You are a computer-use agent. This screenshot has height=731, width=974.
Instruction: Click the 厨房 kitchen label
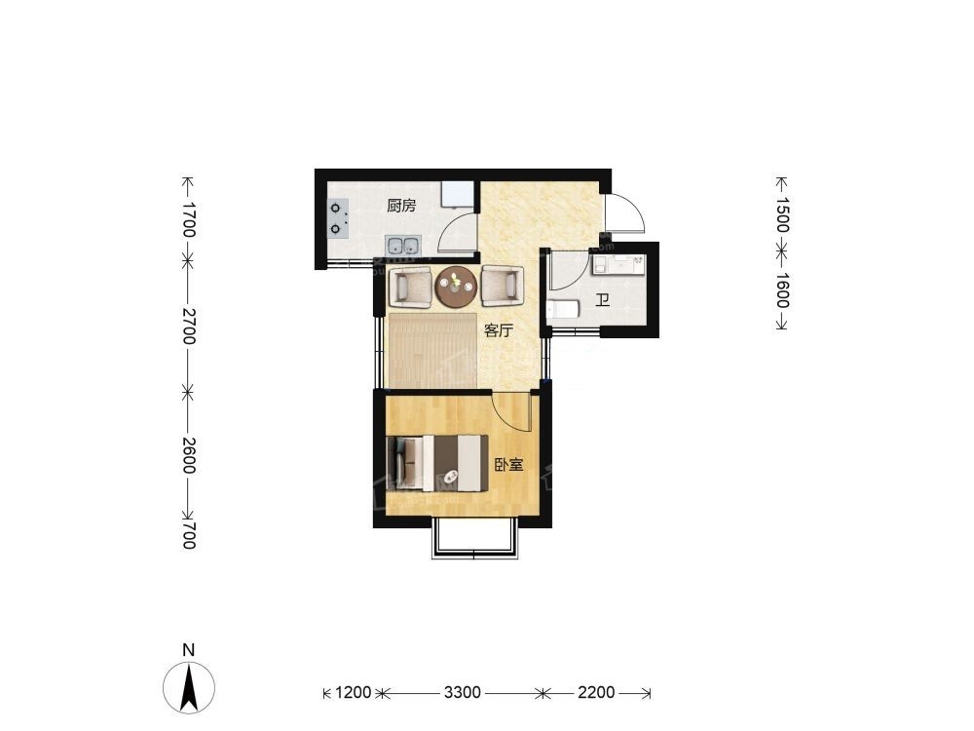[401, 206]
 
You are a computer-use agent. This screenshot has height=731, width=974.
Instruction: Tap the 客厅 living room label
[499, 330]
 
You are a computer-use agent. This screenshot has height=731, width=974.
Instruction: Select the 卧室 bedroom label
[508, 465]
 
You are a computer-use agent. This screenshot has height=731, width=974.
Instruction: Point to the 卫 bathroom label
[601, 301]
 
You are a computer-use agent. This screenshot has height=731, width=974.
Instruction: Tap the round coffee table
[457, 287]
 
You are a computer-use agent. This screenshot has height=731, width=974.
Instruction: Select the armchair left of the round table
[410, 287]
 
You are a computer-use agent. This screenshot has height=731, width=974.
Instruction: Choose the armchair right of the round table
[502, 286]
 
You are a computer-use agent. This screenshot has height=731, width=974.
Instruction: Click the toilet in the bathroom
[563, 310]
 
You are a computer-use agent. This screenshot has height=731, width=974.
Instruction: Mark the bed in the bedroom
[436, 463]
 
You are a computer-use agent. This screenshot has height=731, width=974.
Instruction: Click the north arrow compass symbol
[189, 687]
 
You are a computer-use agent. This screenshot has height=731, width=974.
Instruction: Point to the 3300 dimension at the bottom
[462, 692]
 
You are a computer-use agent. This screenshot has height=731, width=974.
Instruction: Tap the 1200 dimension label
[353, 692]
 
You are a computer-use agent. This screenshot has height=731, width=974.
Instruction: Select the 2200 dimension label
[596, 692]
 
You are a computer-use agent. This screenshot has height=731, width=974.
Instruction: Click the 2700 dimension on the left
[189, 325]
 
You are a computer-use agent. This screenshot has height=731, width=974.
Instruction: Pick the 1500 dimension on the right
[782, 214]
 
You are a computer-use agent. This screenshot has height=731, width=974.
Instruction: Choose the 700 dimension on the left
[189, 536]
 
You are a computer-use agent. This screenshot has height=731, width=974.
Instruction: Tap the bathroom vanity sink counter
[618, 264]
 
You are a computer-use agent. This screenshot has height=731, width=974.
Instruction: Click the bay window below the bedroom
[475, 538]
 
